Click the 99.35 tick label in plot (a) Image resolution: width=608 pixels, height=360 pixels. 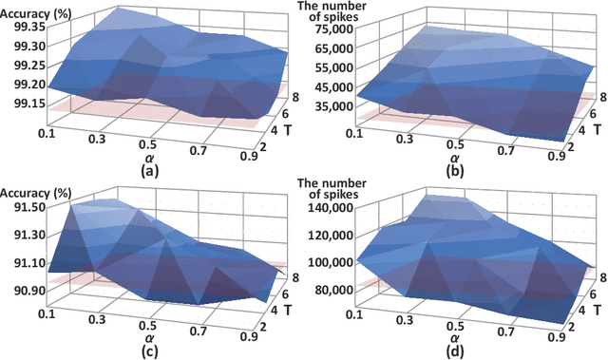click(x=20, y=26)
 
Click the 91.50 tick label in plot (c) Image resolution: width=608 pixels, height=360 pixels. click(x=20, y=206)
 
